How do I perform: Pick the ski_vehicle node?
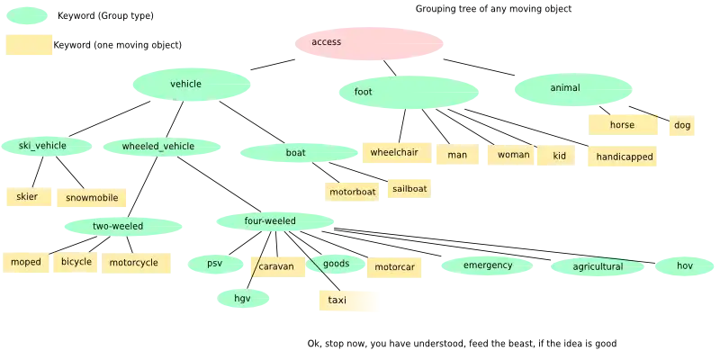coord(43,146)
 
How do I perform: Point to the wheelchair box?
coord(393,153)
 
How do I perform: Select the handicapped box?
coord(624,157)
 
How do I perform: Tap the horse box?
coord(622,125)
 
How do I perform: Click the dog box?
coord(682,125)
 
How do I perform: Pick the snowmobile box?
coord(92,198)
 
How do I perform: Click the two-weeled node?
coord(117,226)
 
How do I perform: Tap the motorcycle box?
coord(134,263)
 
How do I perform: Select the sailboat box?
coord(409,189)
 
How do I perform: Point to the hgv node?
coord(243,298)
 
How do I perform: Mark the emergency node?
coord(489,265)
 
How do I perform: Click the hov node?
coord(685,265)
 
